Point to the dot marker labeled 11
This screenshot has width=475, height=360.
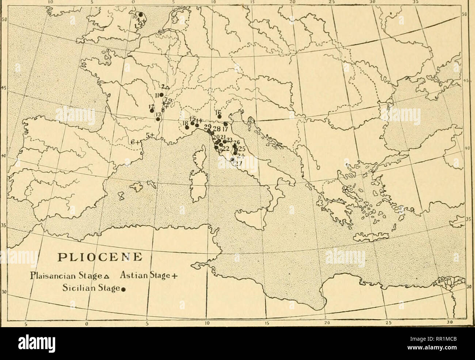click(161, 95)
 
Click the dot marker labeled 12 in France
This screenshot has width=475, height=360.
click(152, 111)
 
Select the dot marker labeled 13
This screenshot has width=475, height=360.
click(158, 119)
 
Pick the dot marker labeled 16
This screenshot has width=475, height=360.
click(219, 117)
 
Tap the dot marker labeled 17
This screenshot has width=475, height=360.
click(226, 124)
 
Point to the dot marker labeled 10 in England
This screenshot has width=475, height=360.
click(140, 14)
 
